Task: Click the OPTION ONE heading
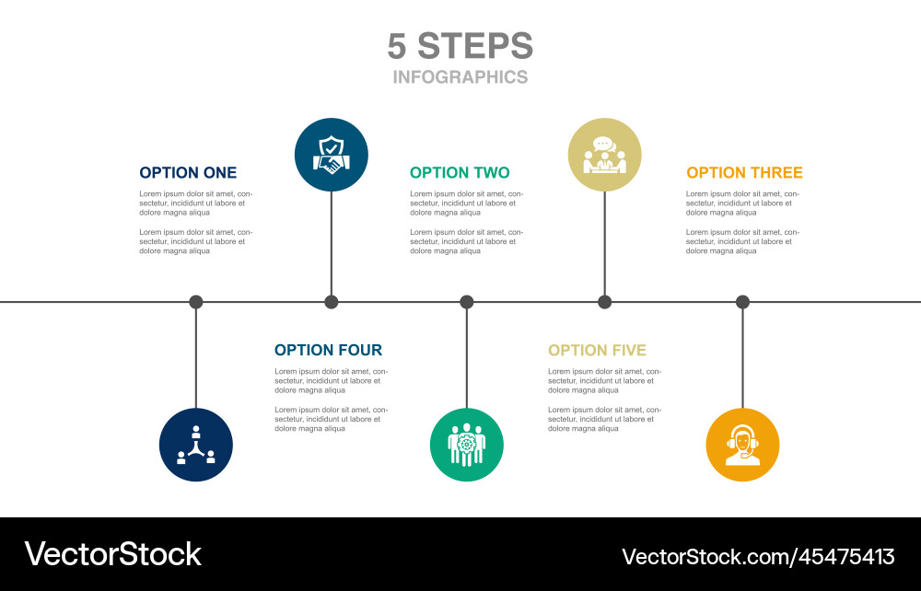pyautogui.click(x=188, y=172)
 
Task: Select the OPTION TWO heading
pyautogui.click(x=460, y=172)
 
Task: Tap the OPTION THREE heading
pyautogui.click(x=744, y=172)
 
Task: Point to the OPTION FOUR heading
pyautogui.click(x=328, y=350)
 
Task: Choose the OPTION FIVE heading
pyautogui.click(x=597, y=350)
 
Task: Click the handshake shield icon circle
pyautogui.click(x=332, y=155)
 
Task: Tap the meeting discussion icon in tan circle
pyautogui.click(x=604, y=155)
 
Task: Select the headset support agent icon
pyautogui.click(x=742, y=445)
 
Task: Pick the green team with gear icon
pyautogui.click(x=467, y=445)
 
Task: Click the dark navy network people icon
pyautogui.click(x=196, y=445)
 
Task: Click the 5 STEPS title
pyautogui.click(x=460, y=46)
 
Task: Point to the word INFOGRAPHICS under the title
pyautogui.click(x=460, y=77)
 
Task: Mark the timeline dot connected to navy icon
pyautogui.click(x=196, y=301)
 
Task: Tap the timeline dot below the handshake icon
pyautogui.click(x=332, y=301)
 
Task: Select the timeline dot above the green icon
pyautogui.click(x=467, y=301)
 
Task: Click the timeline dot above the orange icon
pyautogui.click(x=742, y=301)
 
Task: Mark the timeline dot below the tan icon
pyautogui.click(x=604, y=301)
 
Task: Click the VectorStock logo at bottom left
pyautogui.click(x=113, y=554)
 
